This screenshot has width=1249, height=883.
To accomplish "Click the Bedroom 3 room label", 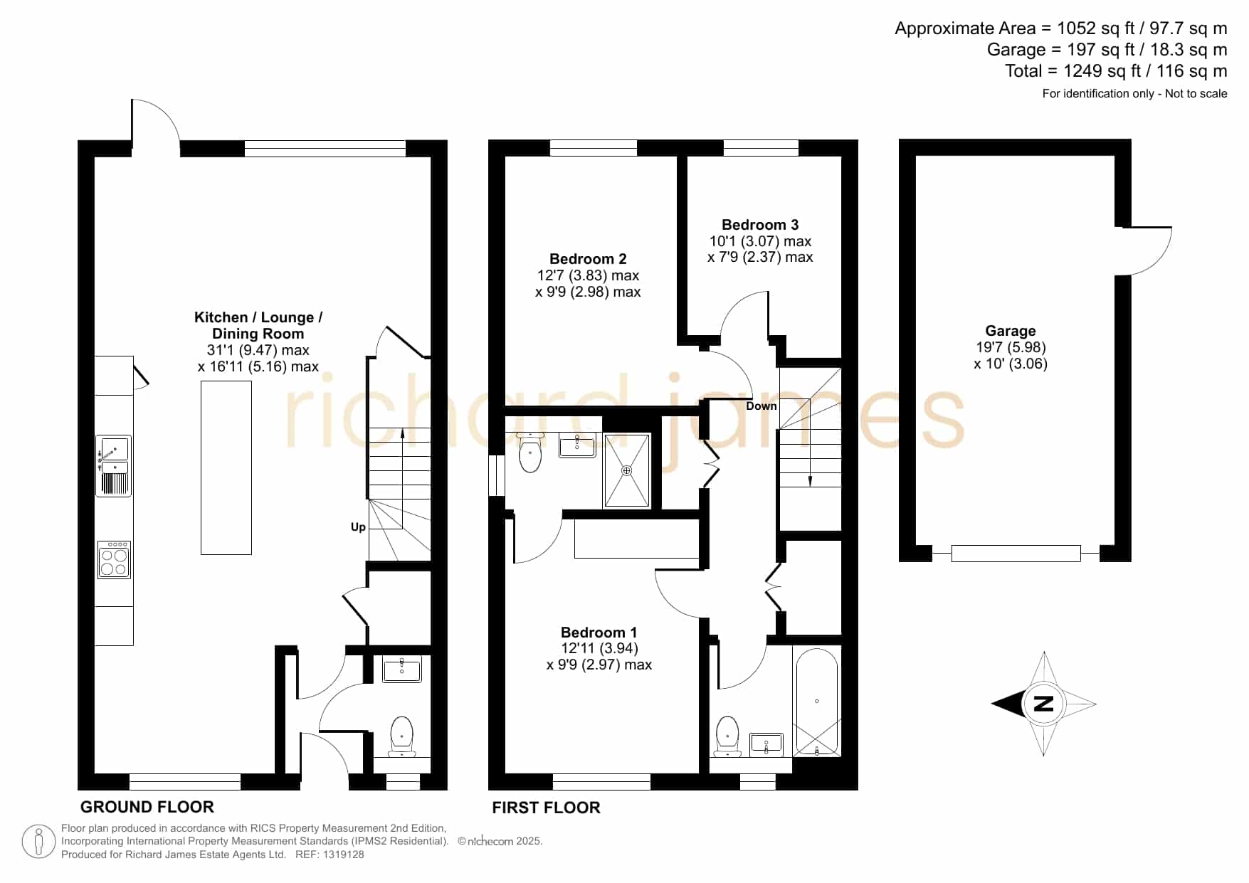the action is point(760,225).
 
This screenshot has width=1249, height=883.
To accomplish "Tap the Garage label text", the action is point(1010,331).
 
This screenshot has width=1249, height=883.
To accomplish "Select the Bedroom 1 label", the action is point(599,632).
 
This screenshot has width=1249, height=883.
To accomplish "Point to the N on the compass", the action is point(1043,704).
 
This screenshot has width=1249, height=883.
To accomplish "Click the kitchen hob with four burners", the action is point(114,559).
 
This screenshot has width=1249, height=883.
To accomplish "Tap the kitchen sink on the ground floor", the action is point(114,465).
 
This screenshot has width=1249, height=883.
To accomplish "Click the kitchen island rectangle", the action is point(226,467).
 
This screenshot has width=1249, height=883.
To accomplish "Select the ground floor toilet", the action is point(402,736).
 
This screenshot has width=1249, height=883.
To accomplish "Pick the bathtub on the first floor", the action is point(817,702).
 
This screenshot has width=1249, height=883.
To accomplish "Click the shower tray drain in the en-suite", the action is point(627,470).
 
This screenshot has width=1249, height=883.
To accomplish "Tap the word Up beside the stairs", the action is point(358,527).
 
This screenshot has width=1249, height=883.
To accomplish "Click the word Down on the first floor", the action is point(761,406).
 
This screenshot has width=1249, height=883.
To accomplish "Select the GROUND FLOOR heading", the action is point(147,807).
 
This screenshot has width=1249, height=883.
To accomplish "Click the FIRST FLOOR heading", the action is point(546,808).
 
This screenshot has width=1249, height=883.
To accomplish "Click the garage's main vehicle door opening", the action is point(1016,553).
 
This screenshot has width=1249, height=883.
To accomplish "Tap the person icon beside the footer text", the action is point(38,842).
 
